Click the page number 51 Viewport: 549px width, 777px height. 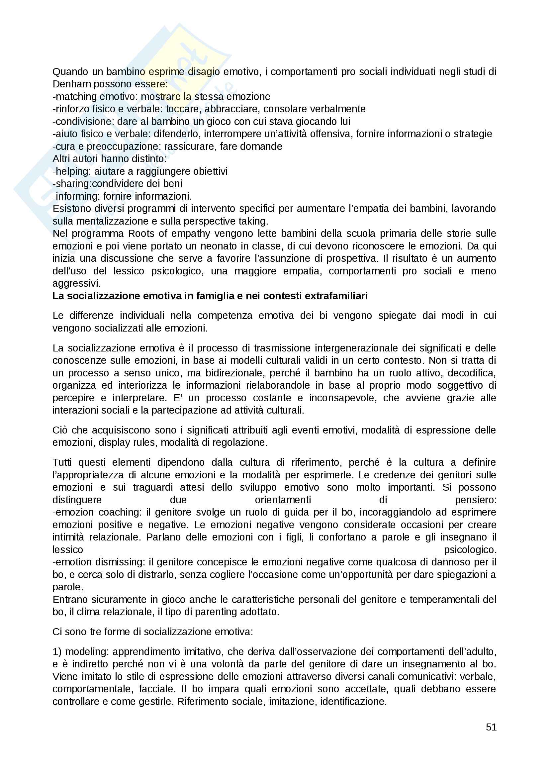pyautogui.click(x=491, y=727)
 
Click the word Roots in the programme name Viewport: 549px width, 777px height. pyautogui.click(x=141, y=234)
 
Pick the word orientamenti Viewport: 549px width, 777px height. pyautogui.click(x=283, y=500)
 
